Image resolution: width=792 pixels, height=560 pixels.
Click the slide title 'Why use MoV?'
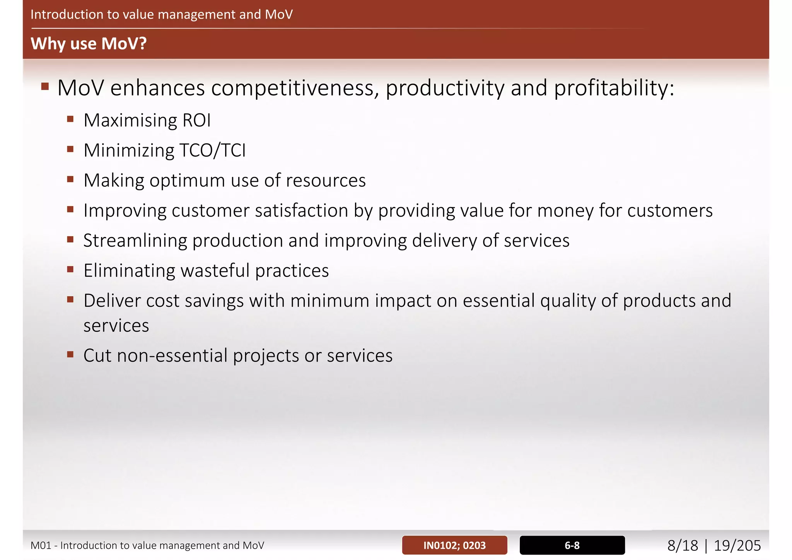(89, 43)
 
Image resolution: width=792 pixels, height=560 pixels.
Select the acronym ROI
(196, 120)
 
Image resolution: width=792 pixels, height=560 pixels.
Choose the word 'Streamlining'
(135, 241)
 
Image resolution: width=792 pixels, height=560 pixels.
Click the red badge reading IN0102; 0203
(454, 545)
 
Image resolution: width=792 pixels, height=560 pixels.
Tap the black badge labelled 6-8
(572, 545)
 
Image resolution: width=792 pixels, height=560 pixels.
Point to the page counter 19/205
(737, 546)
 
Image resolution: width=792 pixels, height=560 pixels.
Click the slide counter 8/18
(683, 546)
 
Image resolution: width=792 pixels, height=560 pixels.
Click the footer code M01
(41, 546)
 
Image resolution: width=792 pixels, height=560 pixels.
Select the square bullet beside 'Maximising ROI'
(70, 119)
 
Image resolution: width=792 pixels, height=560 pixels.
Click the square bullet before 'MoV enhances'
(45, 86)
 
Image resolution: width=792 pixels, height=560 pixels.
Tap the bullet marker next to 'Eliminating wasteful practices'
(70, 269)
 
